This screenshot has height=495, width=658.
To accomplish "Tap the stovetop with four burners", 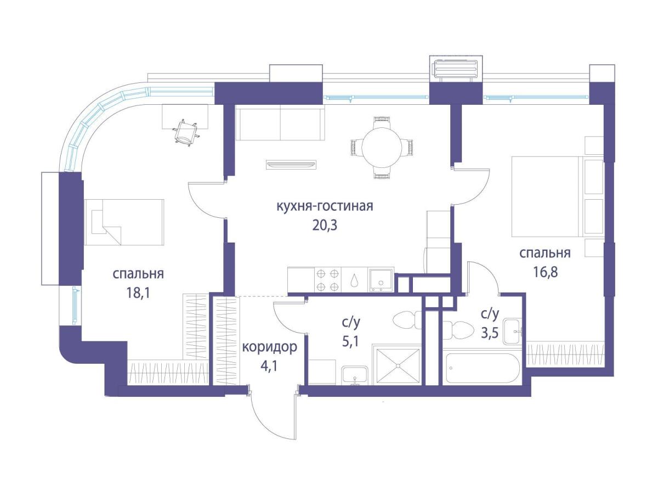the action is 328,279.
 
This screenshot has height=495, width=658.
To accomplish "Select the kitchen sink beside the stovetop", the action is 381,279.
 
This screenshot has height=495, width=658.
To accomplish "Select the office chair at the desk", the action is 185,133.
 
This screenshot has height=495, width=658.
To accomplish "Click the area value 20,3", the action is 325,226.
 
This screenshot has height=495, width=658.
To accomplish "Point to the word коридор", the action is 269,347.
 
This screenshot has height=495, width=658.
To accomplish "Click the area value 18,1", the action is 138,292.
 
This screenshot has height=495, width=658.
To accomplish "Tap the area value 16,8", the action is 545,272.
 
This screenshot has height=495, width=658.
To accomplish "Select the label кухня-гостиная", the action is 325,206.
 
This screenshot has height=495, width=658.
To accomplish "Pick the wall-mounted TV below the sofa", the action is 291,165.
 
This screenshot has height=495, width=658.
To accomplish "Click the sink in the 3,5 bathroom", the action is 513,331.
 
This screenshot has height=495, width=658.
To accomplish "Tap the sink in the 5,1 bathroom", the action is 355,375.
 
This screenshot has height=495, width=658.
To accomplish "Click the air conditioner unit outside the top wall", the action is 456,69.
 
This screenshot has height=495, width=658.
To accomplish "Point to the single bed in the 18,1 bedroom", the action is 124,222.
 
